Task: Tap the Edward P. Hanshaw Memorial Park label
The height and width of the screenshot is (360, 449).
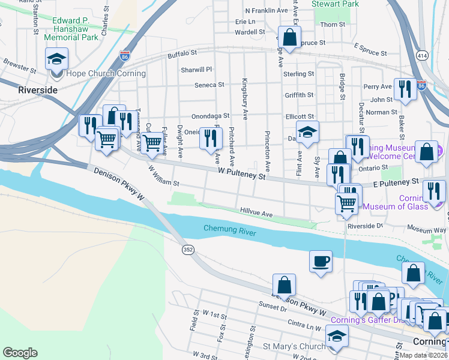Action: (x=74, y=29)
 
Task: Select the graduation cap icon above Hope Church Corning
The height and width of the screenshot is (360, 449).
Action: (x=57, y=59)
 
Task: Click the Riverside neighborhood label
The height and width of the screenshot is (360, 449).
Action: (x=38, y=90)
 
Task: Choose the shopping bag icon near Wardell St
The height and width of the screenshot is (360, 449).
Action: (x=290, y=38)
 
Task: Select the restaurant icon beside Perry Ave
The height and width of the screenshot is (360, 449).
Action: (x=405, y=89)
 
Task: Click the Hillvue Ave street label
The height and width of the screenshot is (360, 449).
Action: (x=256, y=213)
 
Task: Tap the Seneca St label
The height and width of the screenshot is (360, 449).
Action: (x=209, y=85)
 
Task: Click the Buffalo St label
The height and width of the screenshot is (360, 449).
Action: (x=182, y=55)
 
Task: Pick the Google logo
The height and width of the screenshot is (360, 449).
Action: (x=20, y=352)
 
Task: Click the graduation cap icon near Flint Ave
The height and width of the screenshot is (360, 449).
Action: (x=307, y=132)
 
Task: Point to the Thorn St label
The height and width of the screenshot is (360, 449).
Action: (x=333, y=25)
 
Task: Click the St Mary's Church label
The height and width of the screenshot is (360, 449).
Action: (x=294, y=346)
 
